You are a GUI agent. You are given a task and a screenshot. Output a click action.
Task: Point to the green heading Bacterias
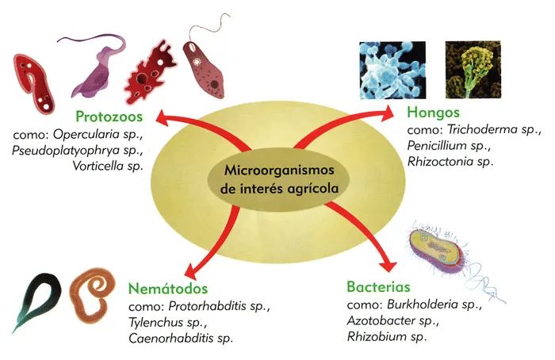381,287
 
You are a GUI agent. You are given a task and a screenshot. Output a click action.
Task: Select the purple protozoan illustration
102,67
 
